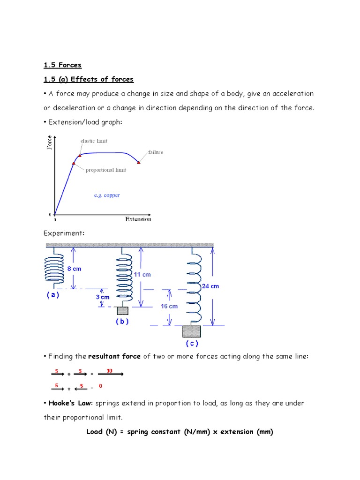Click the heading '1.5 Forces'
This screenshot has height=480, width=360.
pyautogui.click(x=62, y=65)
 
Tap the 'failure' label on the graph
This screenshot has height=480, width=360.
pyautogui.click(x=156, y=152)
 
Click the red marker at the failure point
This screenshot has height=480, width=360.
pyautogui.click(x=139, y=162)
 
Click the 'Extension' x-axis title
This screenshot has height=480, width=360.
pyautogui.click(x=138, y=219)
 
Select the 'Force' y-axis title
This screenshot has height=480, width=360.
pyautogui.click(x=50, y=142)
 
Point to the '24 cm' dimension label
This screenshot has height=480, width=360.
pyautogui.click(x=210, y=286)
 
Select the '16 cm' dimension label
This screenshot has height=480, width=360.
pyautogui.click(x=169, y=306)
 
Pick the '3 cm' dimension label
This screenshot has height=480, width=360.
pyautogui.click(x=102, y=297)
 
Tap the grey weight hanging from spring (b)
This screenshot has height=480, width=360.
pyautogui.click(x=122, y=311)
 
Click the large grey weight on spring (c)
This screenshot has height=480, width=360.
pyautogui.click(x=191, y=331)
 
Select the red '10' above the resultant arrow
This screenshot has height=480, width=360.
pyautogui.click(x=110, y=371)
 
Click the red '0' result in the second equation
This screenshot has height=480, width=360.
pyautogui.click(x=100, y=387)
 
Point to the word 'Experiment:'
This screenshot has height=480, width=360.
pyautogui.click(x=64, y=233)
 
